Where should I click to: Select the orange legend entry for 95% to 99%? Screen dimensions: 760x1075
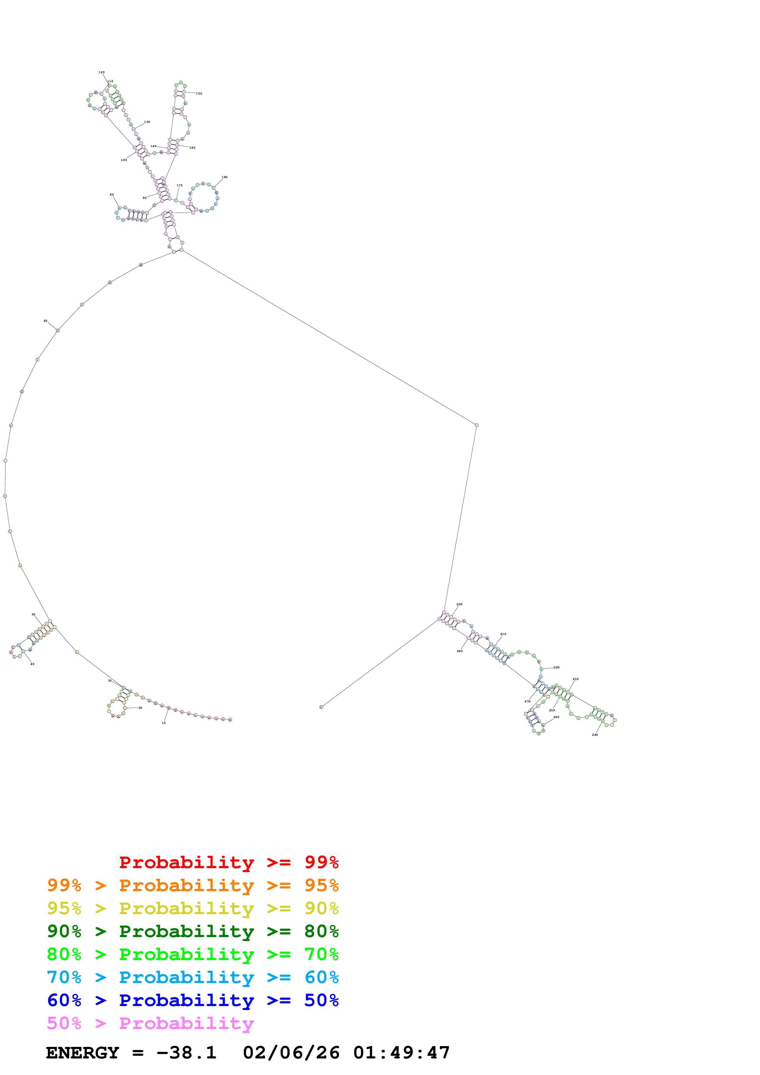tap(193, 885)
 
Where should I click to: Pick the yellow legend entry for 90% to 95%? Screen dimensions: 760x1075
tap(193, 908)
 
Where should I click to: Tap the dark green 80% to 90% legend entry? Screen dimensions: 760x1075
tap(193, 931)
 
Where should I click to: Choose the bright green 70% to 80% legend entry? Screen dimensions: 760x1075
tap(193, 954)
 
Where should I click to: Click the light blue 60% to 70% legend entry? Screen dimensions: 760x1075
tap(193, 977)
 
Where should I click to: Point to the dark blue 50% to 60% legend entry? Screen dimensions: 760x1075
tap(193, 1000)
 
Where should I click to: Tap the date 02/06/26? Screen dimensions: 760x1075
tap(291, 1053)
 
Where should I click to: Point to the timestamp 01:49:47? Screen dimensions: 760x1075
tap(401, 1053)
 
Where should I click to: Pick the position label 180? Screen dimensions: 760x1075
tap(225, 177)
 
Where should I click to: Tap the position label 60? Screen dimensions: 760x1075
tap(45, 321)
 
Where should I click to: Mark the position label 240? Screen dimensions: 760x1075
tap(595, 735)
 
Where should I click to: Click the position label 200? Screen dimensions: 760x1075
tap(459, 604)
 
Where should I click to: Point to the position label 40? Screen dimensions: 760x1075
tap(32, 664)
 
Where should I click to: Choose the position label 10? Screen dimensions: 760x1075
tap(163, 723)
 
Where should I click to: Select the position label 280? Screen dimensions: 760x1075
tap(460, 651)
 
